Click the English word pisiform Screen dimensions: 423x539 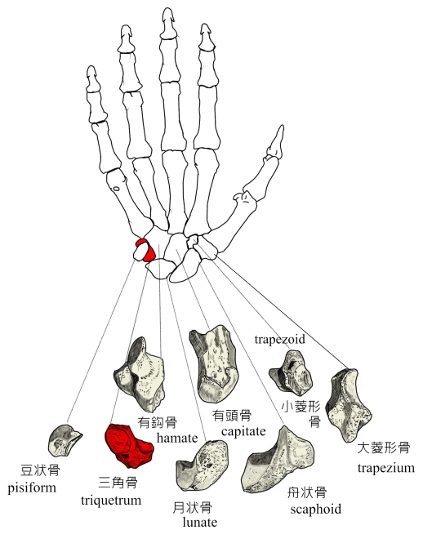[x=32, y=488]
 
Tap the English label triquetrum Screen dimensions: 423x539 [x=111, y=501]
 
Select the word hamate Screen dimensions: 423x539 [x=177, y=438]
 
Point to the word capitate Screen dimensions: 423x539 [x=243, y=431]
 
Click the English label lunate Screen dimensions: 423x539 [x=199, y=523]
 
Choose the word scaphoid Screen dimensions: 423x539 [x=315, y=509]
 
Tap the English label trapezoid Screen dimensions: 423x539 [x=280, y=340]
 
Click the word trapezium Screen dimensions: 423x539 [x=385, y=469]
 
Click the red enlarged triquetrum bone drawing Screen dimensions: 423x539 [x=129, y=446]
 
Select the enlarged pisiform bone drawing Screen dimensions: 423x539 [x=65, y=440]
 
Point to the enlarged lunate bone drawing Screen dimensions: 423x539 [x=202, y=465]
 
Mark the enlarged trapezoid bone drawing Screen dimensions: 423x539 [x=291, y=373]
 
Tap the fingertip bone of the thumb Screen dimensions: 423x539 [x=276, y=143]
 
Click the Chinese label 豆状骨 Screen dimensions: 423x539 [x=40, y=470]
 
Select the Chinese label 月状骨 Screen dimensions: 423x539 [x=193, y=507]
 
